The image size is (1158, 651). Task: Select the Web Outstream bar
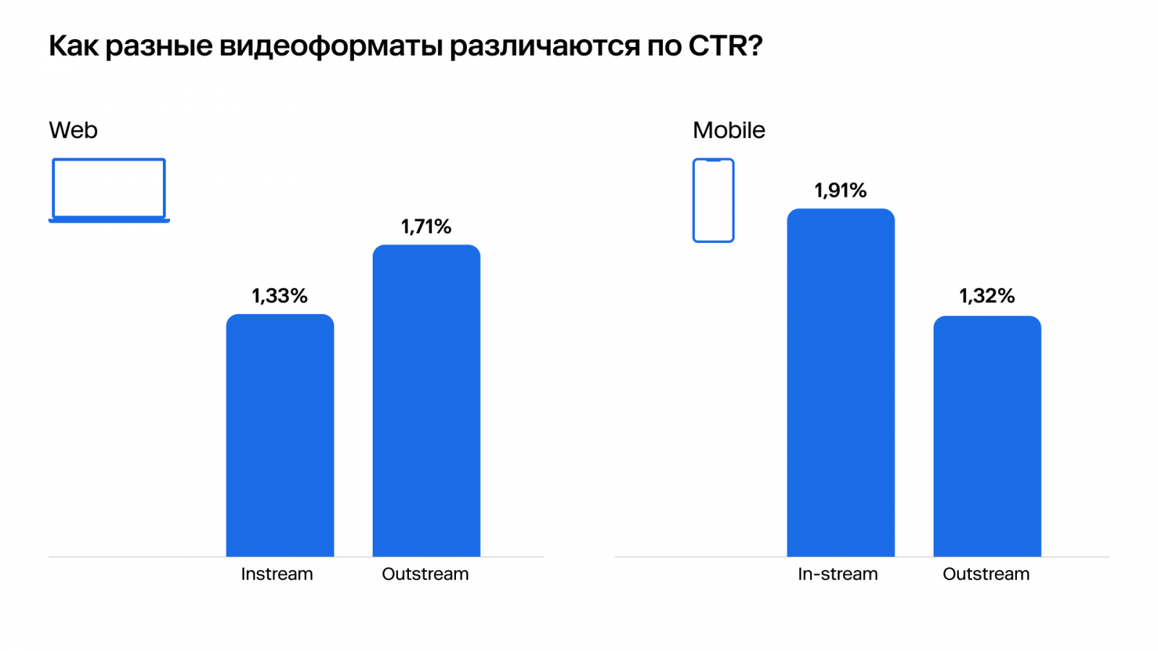(426, 401)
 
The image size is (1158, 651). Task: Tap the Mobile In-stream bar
(840, 383)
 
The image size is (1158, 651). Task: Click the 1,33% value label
(279, 296)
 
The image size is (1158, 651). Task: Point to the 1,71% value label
(426, 226)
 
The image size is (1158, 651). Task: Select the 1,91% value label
(840, 190)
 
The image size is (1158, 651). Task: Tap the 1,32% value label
(987, 296)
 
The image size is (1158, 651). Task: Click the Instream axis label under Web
(277, 574)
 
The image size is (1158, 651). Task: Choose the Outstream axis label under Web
(426, 574)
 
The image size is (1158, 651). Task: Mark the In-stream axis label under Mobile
(837, 574)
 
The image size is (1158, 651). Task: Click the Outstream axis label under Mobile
(986, 574)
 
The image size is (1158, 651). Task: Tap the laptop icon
(109, 190)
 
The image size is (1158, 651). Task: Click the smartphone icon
(714, 200)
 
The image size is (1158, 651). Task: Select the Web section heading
(73, 130)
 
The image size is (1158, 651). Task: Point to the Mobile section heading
(729, 130)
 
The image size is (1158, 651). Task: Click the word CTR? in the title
(725, 46)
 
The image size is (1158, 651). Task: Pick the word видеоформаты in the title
(331, 46)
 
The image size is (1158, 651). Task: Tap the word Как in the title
(73, 46)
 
